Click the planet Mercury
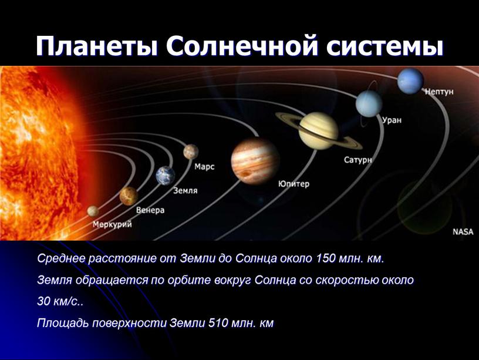93,211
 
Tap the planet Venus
129,196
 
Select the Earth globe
166,176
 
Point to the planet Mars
191,152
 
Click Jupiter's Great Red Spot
245,174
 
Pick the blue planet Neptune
410,81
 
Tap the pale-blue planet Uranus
369,103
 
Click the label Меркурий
113,224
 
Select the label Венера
150,210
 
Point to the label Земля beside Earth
185,190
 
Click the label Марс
204,167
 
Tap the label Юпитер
294,184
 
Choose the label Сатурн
358,160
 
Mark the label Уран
392,120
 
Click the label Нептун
440,92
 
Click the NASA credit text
463,231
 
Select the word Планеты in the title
97,46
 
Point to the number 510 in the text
218,323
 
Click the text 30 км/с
58,301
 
